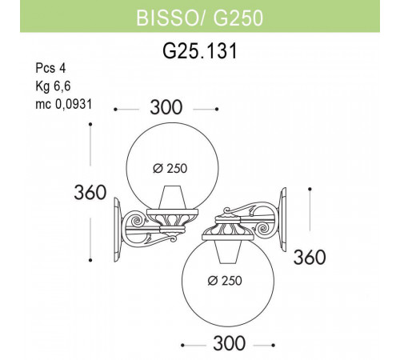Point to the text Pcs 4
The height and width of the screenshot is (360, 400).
pos(52,69)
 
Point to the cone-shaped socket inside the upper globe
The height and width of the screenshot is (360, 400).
pos(171,198)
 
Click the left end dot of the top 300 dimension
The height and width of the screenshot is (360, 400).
pos(117,108)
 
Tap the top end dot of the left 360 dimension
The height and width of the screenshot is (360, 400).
pos(92,125)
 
